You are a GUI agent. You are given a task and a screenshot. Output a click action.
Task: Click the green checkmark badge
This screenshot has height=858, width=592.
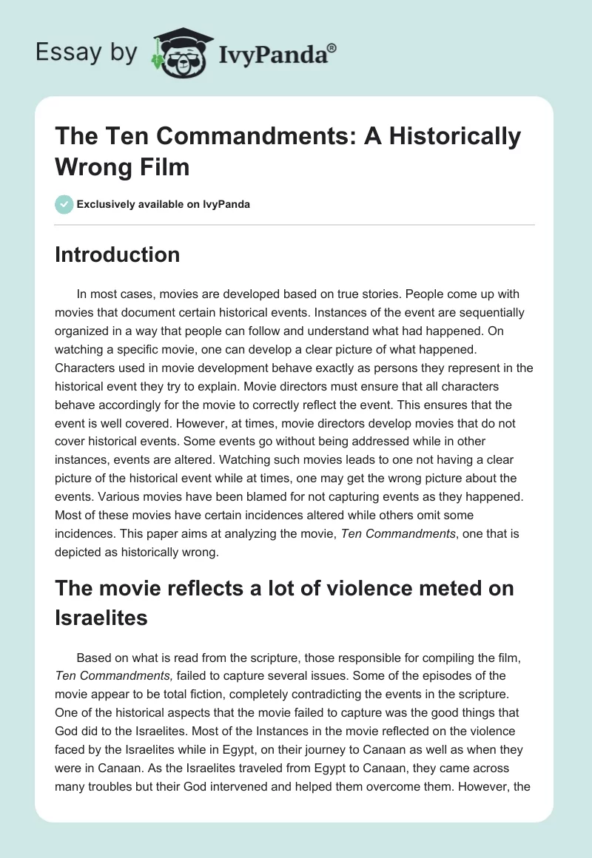point(64,204)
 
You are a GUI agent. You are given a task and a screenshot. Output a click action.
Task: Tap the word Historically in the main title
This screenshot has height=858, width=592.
point(458,137)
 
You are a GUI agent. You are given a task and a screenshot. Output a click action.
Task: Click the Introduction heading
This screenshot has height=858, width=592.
point(117,254)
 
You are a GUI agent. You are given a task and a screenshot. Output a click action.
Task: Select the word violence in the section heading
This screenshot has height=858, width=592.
point(386,589)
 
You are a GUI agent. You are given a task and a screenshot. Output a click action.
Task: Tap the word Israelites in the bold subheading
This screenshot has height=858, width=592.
point(101,617)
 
